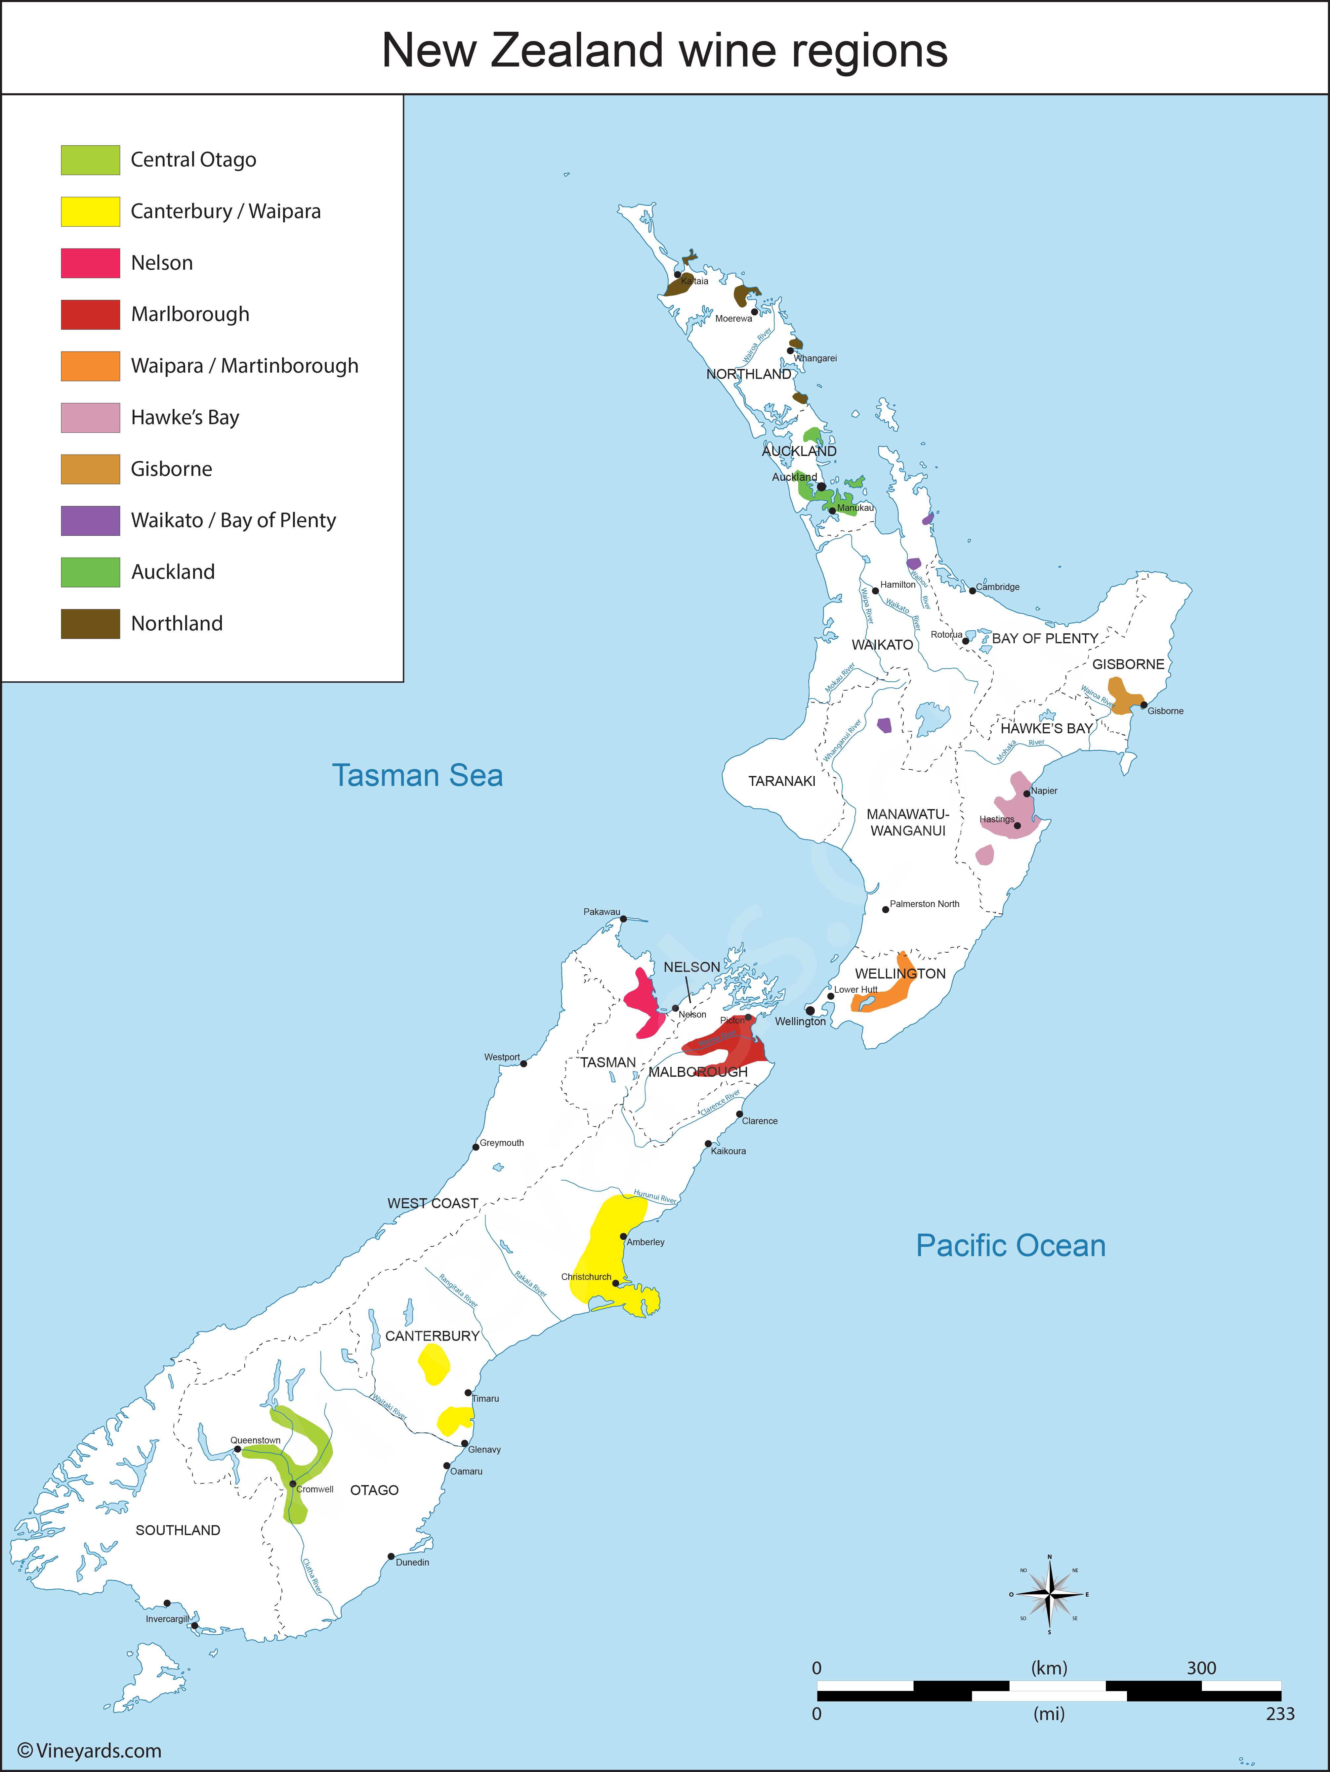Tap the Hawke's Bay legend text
coord(185,417)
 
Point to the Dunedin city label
coord(412,1562)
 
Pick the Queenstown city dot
coord(237,1448)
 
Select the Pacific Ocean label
coord(1011,1246)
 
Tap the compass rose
coord(1049,1594)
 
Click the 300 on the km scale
coord(1201,1668)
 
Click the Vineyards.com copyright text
coord(90,1750)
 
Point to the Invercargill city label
coord(167,1619)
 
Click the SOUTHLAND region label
coord(178,1530)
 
